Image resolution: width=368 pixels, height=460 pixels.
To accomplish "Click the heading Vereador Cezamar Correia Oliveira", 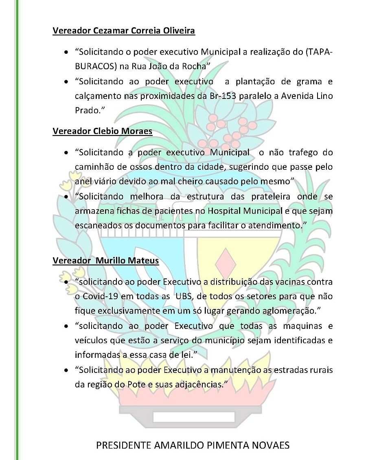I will [124, 31].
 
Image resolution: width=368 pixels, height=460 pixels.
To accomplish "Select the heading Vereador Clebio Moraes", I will [102, 131].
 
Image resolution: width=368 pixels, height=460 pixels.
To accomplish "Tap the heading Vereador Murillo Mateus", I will [105, 260].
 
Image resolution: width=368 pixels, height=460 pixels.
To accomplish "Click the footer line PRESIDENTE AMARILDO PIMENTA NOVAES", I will [193, 445].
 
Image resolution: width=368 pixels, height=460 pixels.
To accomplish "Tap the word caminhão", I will [93, 167].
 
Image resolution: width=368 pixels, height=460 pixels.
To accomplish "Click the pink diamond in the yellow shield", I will [225, 263].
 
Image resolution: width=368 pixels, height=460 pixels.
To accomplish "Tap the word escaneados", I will [99, 226].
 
